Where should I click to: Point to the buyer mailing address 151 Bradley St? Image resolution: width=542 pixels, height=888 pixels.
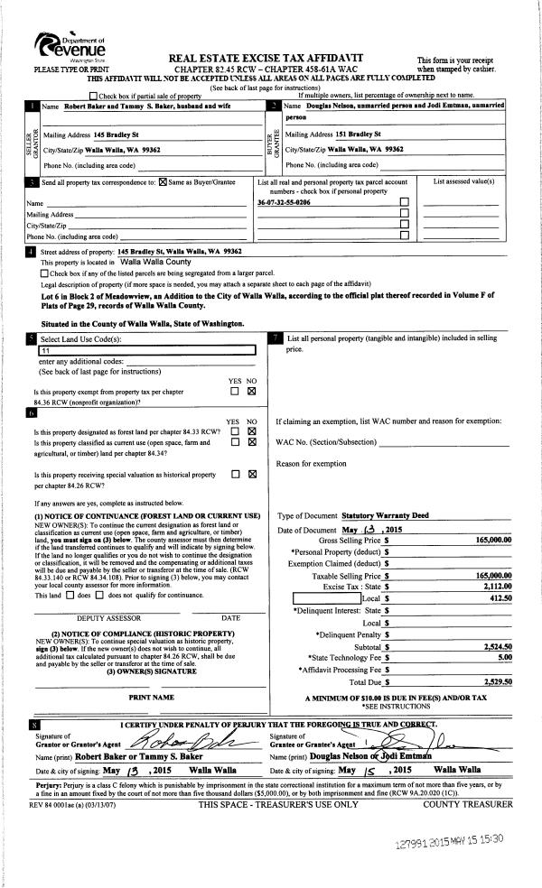tap(347, 134)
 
